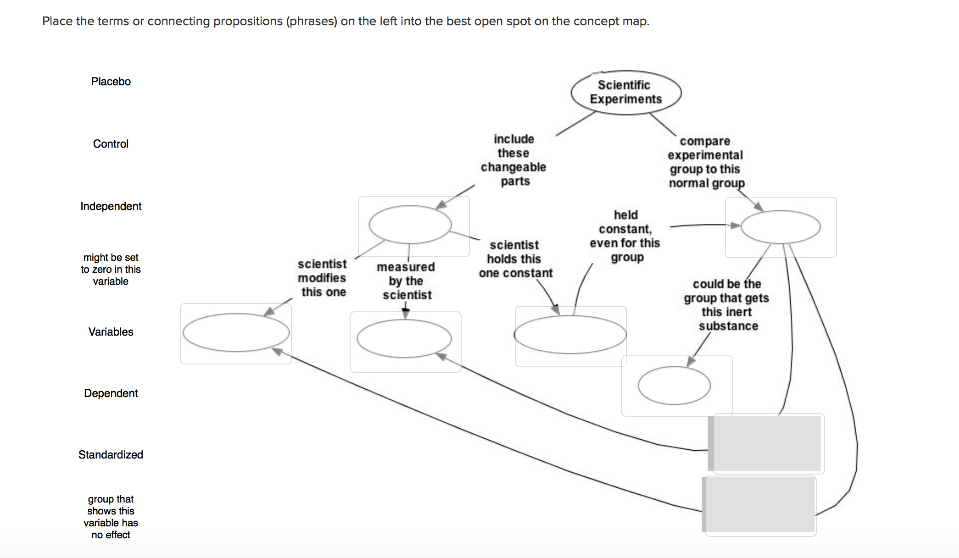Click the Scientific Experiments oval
(626, 92)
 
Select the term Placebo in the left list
(111, 82)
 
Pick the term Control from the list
(111, 144)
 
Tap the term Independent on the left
(111, 206)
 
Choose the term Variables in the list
(111, 332)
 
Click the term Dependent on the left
(111, 393)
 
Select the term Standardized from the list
(111, 455)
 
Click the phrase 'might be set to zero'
(111, 269)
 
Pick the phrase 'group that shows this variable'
(111, 517)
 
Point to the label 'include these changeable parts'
(513, 160)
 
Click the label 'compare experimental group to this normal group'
(705, 162)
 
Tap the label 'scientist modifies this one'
(322, 278)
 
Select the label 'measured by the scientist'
(406, 281)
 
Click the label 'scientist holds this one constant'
(515, 259)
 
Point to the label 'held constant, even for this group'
(625, 236)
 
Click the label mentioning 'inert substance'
(727, 305)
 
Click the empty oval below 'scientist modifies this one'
(236, 333)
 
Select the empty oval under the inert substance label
(674, 386)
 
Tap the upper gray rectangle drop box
(766, 443)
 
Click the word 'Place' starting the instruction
(57, 21)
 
